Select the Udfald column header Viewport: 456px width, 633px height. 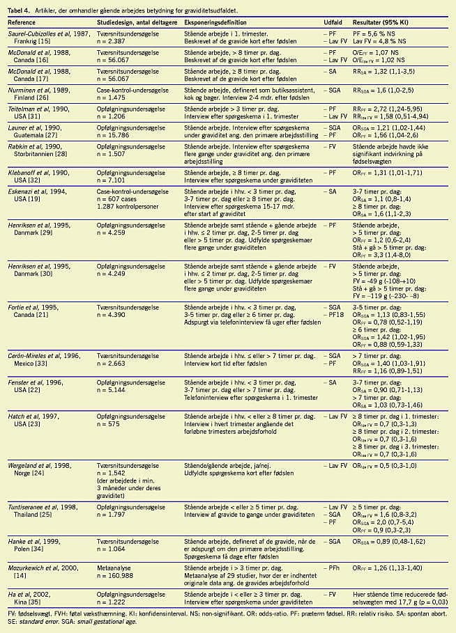click(333, 23)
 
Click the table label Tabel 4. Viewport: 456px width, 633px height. click(19, 7)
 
